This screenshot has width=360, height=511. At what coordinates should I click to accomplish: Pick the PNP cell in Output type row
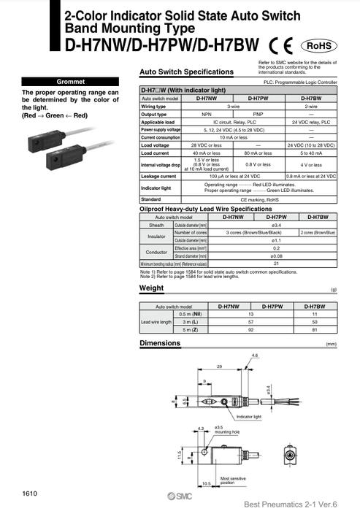(x=257, y=115)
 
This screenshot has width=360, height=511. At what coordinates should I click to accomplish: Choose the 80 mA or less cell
(x=257, y=153)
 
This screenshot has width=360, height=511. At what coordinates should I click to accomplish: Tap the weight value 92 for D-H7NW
(x=229, y=329)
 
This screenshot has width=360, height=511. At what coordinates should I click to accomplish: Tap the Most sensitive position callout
(x=234, y=481)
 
